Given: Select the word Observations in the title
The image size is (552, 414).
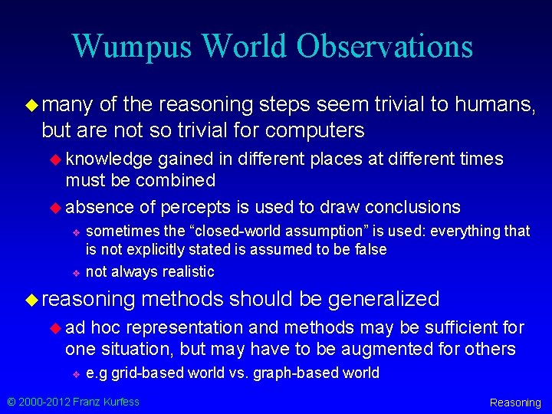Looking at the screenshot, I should [x=385, y=47].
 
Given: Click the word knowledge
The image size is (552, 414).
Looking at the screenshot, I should [x=109, y=159].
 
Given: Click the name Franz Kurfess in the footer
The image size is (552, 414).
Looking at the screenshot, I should [x=107, y=401].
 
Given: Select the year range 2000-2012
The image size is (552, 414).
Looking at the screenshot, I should [x=44, y=401].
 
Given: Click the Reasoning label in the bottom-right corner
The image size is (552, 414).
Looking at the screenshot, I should [x=515, y=402].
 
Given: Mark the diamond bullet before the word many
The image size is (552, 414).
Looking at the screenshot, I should [x=31, y=103].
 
